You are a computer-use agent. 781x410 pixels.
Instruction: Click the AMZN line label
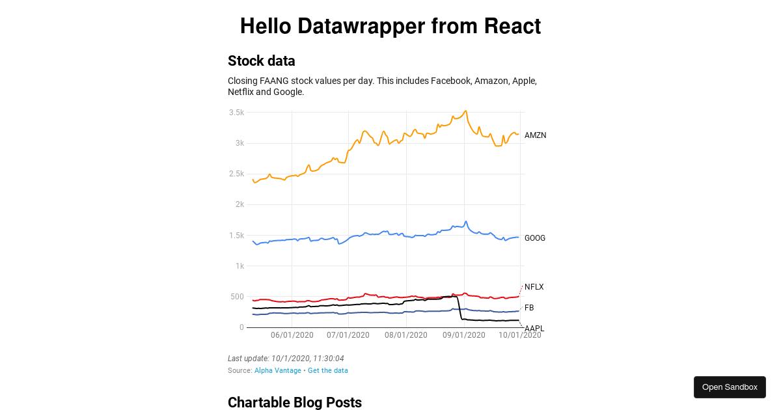pyautogui.click(x=535, y=135)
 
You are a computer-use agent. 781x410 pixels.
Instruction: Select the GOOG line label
pyautogui.click(x=535, y=238)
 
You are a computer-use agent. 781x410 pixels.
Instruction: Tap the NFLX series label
pyautogui.click(x=534, y=287)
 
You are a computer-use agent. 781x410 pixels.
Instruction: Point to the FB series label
pyautogui.click(x=529, y=308)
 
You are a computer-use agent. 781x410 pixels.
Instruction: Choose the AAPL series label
pyautogui.click(x=534, y=329)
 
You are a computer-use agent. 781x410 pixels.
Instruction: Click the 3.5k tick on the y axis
pyautogui.click(x=236, y=113)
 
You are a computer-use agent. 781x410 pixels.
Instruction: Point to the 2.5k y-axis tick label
pyautogui.click(x=236, y=174)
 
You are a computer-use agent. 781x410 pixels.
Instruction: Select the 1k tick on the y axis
pyautogui.click(x=240, y=266)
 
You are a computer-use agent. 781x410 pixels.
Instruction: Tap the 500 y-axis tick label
pyautogui.click(x=238, y=297)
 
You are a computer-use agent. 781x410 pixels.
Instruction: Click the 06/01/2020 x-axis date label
pyautogui.click(x=292, y=335)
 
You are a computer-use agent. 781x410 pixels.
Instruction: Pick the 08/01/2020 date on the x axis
pyautogui.click(x=406, y=335)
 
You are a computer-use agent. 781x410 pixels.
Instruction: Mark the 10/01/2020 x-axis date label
pyautogui.click(x=519, y=335)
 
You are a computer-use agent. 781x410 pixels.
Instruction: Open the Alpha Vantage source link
pyautogui.click(x=278, y=370)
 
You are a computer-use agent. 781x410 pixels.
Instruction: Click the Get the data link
pyautogui.click(x=328, y=370)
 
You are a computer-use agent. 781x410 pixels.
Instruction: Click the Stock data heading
pyautogui.click(x=262, y=61)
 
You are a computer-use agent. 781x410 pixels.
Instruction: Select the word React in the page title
pyautogui.click(x=512, y=27)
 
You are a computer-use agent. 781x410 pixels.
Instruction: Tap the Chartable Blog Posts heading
pyautogui.click(x=295, y=403)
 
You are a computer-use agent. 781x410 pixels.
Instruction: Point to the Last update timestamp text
pyautogui.click(x=286, y=359)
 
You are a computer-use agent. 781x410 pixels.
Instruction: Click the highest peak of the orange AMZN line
pyautogui.click(x=465, y=111)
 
